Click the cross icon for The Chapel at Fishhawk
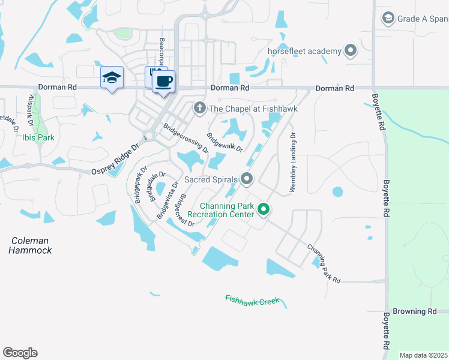tap(199, 109)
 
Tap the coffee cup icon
tap(163, 81)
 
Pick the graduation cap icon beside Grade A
tap(388, 19)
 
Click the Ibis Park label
tap(38, 137)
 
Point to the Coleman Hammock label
tap(30, 245)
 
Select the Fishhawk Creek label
tap(253, 299)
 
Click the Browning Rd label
tap(414, 312)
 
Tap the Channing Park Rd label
tap(324, 264)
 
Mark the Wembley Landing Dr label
tap(293, 163)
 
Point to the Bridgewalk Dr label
tap(224, 142)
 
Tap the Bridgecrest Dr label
tap(184, 210)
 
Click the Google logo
tap(20, 353)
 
